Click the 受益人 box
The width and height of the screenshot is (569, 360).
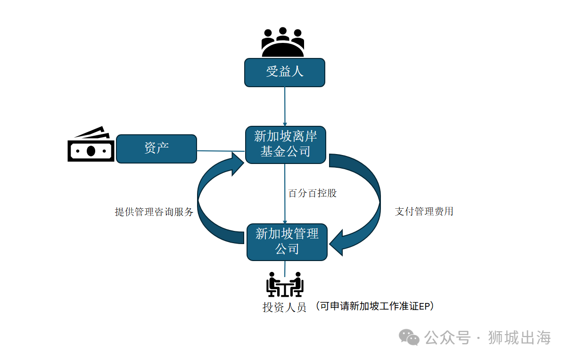click(x=284, y=72)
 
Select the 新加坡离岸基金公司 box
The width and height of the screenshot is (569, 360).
click(x=285, y=144)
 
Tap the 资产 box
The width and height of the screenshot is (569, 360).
click(x=156, y=148)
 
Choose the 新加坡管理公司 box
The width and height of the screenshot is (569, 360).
click(x=287, y=241)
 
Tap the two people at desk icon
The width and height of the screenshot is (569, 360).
click(x=285, y=284)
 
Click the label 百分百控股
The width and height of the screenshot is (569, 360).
click(x=313, y=193)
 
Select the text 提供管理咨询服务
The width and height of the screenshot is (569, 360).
click(x=154, y=212)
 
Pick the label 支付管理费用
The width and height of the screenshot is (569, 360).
click(x=424, y=212)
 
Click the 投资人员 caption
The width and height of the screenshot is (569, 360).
click(x=284, y=307)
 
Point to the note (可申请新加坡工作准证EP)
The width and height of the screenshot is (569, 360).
click(x=374, y=306)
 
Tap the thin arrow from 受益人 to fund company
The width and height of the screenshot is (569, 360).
click(x=285, y=106)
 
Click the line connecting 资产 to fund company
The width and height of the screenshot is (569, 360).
click(x=220, y=151)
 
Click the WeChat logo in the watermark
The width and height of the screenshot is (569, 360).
click(x=409, y=337)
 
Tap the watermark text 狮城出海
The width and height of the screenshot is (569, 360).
click(x=519, y=337)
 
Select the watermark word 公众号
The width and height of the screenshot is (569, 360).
click(x=447, y=337)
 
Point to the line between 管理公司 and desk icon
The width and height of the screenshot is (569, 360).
click(x=285, y=267)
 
